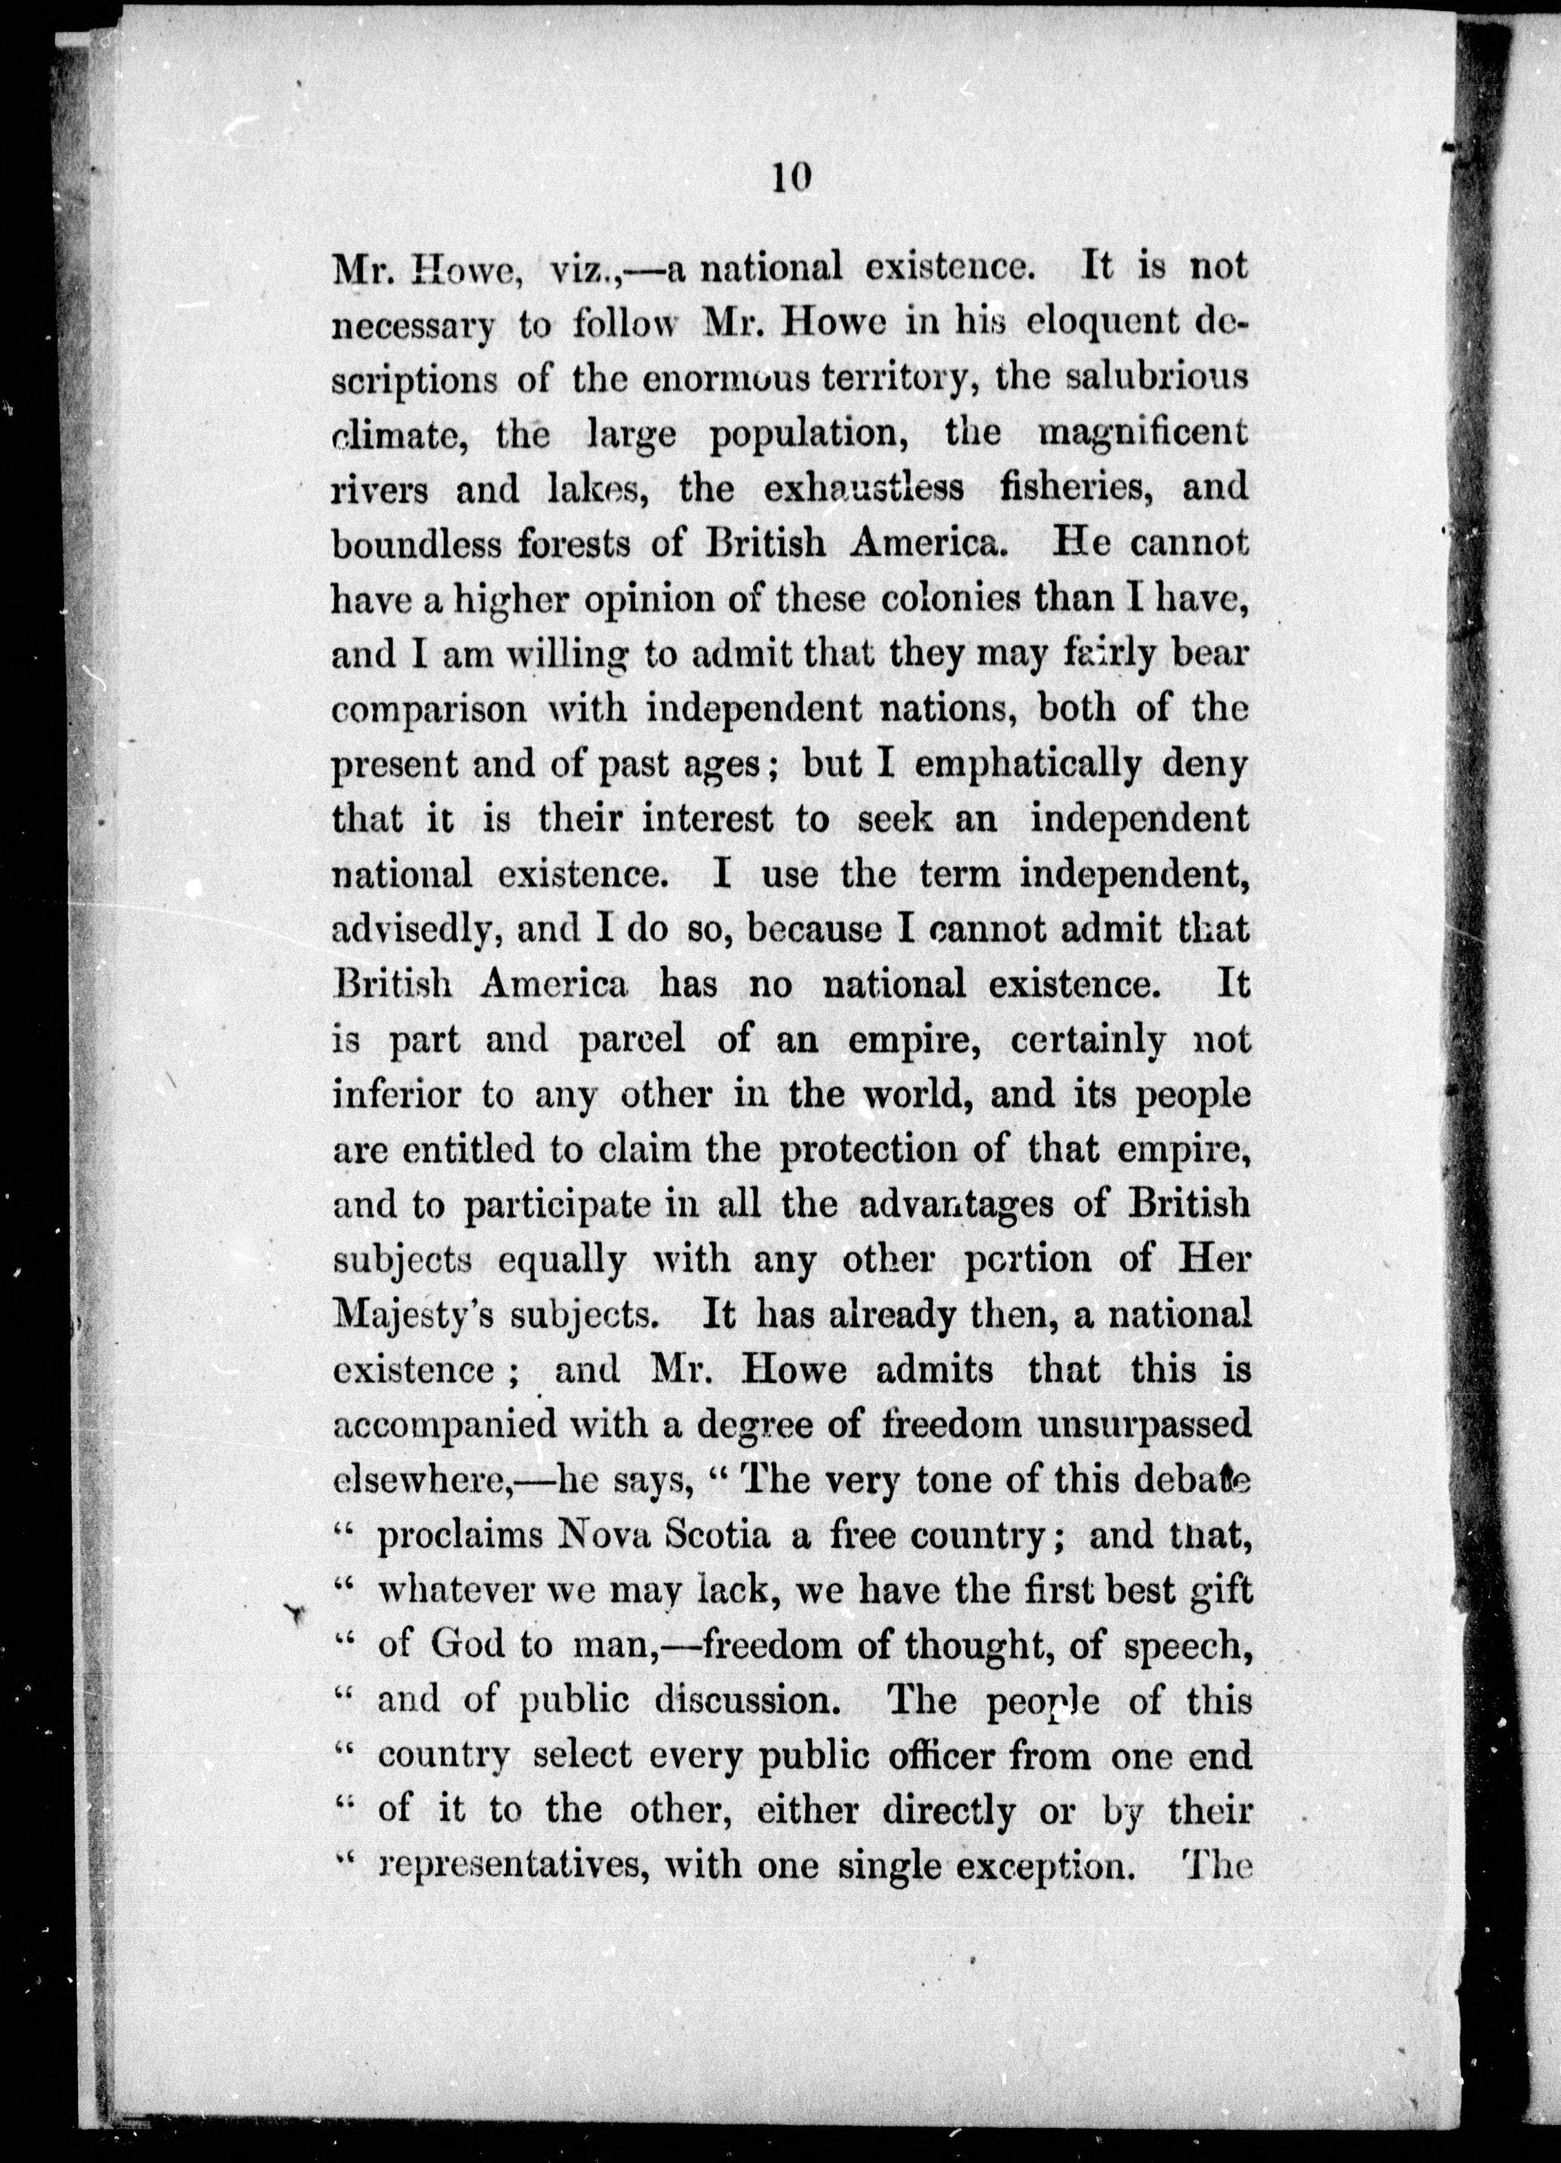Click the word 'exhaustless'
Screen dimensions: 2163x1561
[864, 488]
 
